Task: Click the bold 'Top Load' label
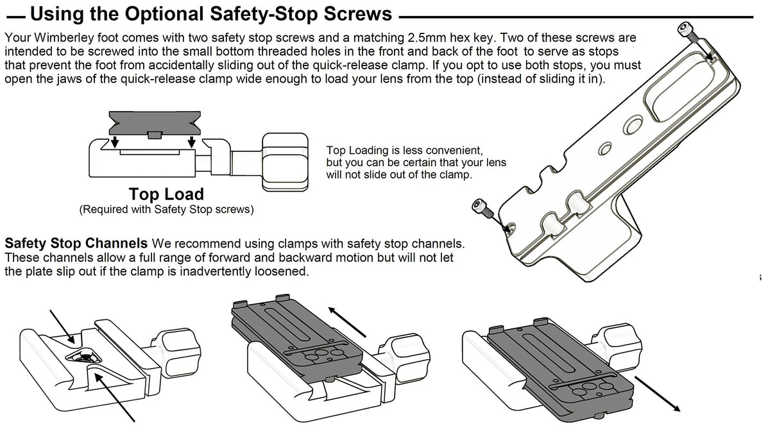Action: click(x=166, y=194)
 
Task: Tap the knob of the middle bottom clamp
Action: click(x=406, y=350)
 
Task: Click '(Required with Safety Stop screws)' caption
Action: click(x=166, y=209)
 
